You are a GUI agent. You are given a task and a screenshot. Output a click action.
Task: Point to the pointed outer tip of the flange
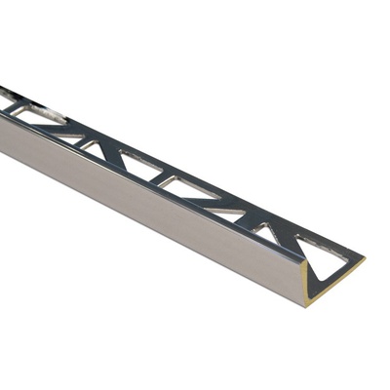[x=365, y=259]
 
